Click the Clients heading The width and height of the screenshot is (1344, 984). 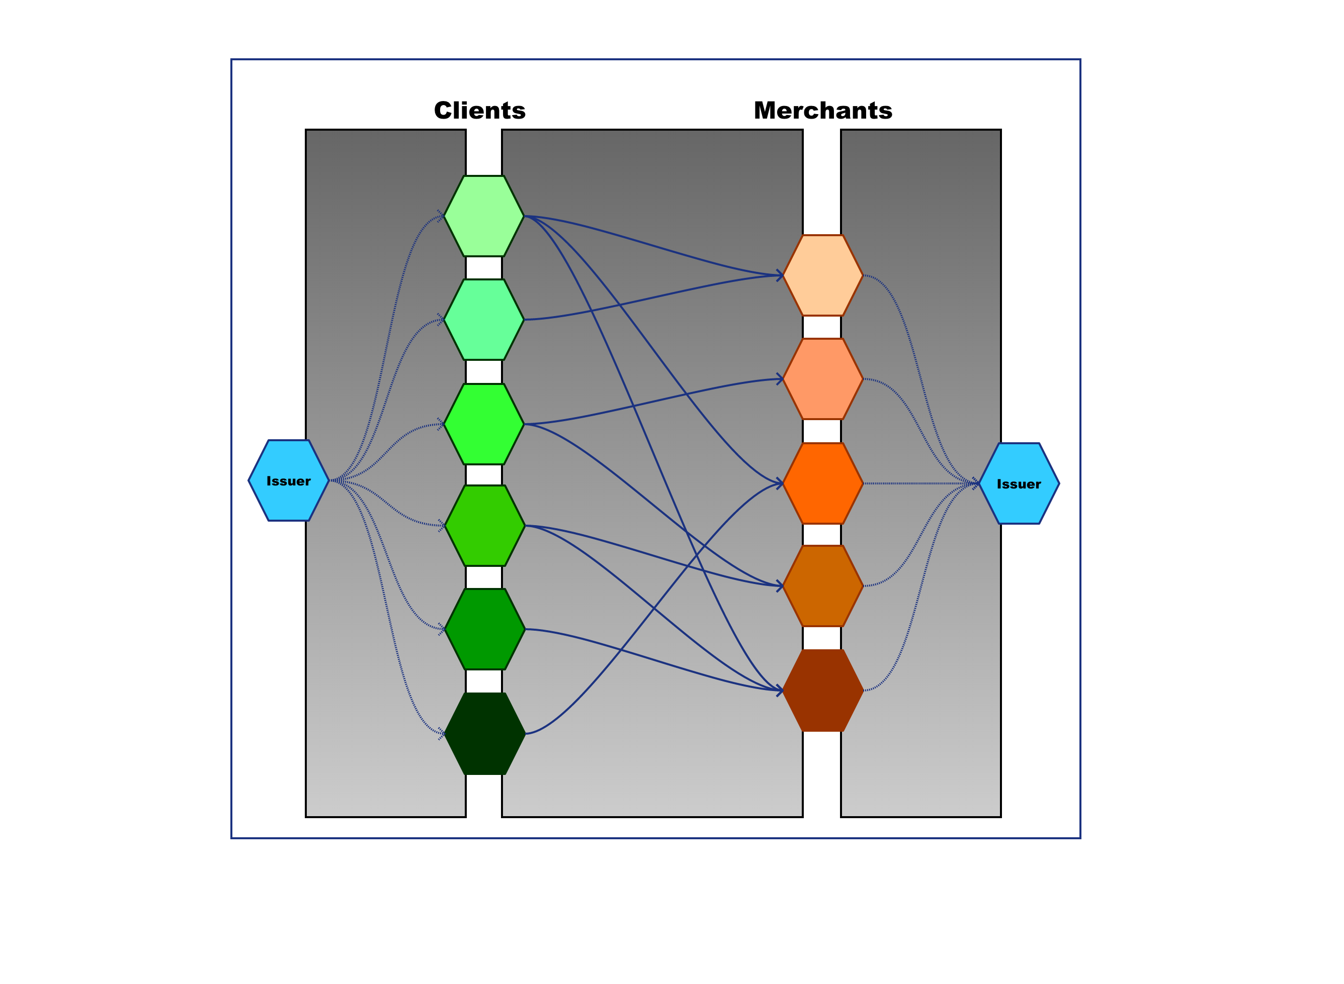click(480, 111)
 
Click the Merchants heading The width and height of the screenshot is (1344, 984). click(822, 111)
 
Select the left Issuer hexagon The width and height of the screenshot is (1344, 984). click(289, 480)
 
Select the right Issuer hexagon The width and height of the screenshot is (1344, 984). click(1019, 483)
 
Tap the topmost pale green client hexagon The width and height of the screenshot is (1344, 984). click(484, 216)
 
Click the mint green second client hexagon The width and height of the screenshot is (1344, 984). click(484, 320)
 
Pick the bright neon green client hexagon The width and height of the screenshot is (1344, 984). click(484, 424)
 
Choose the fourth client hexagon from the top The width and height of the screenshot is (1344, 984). click(484, 525)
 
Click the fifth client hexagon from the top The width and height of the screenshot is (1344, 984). click(484, 629)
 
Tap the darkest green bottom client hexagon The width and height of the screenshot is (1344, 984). click(484, 733)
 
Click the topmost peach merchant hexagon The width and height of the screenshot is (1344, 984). click(822, 275)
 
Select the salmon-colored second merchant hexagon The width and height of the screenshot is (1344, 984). click(822, 379)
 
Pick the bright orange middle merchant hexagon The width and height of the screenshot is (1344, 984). click(822, 483)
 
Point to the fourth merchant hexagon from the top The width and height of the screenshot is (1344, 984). click(822, 586)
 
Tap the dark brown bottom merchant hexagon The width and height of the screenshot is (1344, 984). click(822, 691)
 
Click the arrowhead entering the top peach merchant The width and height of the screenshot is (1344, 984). click(779, 275)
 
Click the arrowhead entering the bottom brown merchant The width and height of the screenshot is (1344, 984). click(779, 691)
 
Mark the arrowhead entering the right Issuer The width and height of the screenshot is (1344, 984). click(976, 483)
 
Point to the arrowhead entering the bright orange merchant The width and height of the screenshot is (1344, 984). click(779, 482)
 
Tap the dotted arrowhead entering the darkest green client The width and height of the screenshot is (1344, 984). click(442, 733)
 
